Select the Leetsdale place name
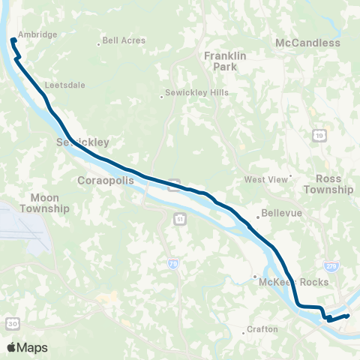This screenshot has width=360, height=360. (65, 85)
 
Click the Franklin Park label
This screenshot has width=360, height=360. (220, 61)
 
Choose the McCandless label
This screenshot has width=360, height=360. (307, 43)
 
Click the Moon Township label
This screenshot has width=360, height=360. (44, 202)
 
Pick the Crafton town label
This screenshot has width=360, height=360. (262, 329)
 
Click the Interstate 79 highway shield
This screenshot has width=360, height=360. (172, 263)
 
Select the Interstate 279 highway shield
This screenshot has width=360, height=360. (331, 265)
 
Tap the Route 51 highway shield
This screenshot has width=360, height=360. (180, 217)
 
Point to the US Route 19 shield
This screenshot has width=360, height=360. (319, 135)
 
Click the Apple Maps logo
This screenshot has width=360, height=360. (27, 347)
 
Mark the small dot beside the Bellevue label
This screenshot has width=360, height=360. (258, 217)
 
